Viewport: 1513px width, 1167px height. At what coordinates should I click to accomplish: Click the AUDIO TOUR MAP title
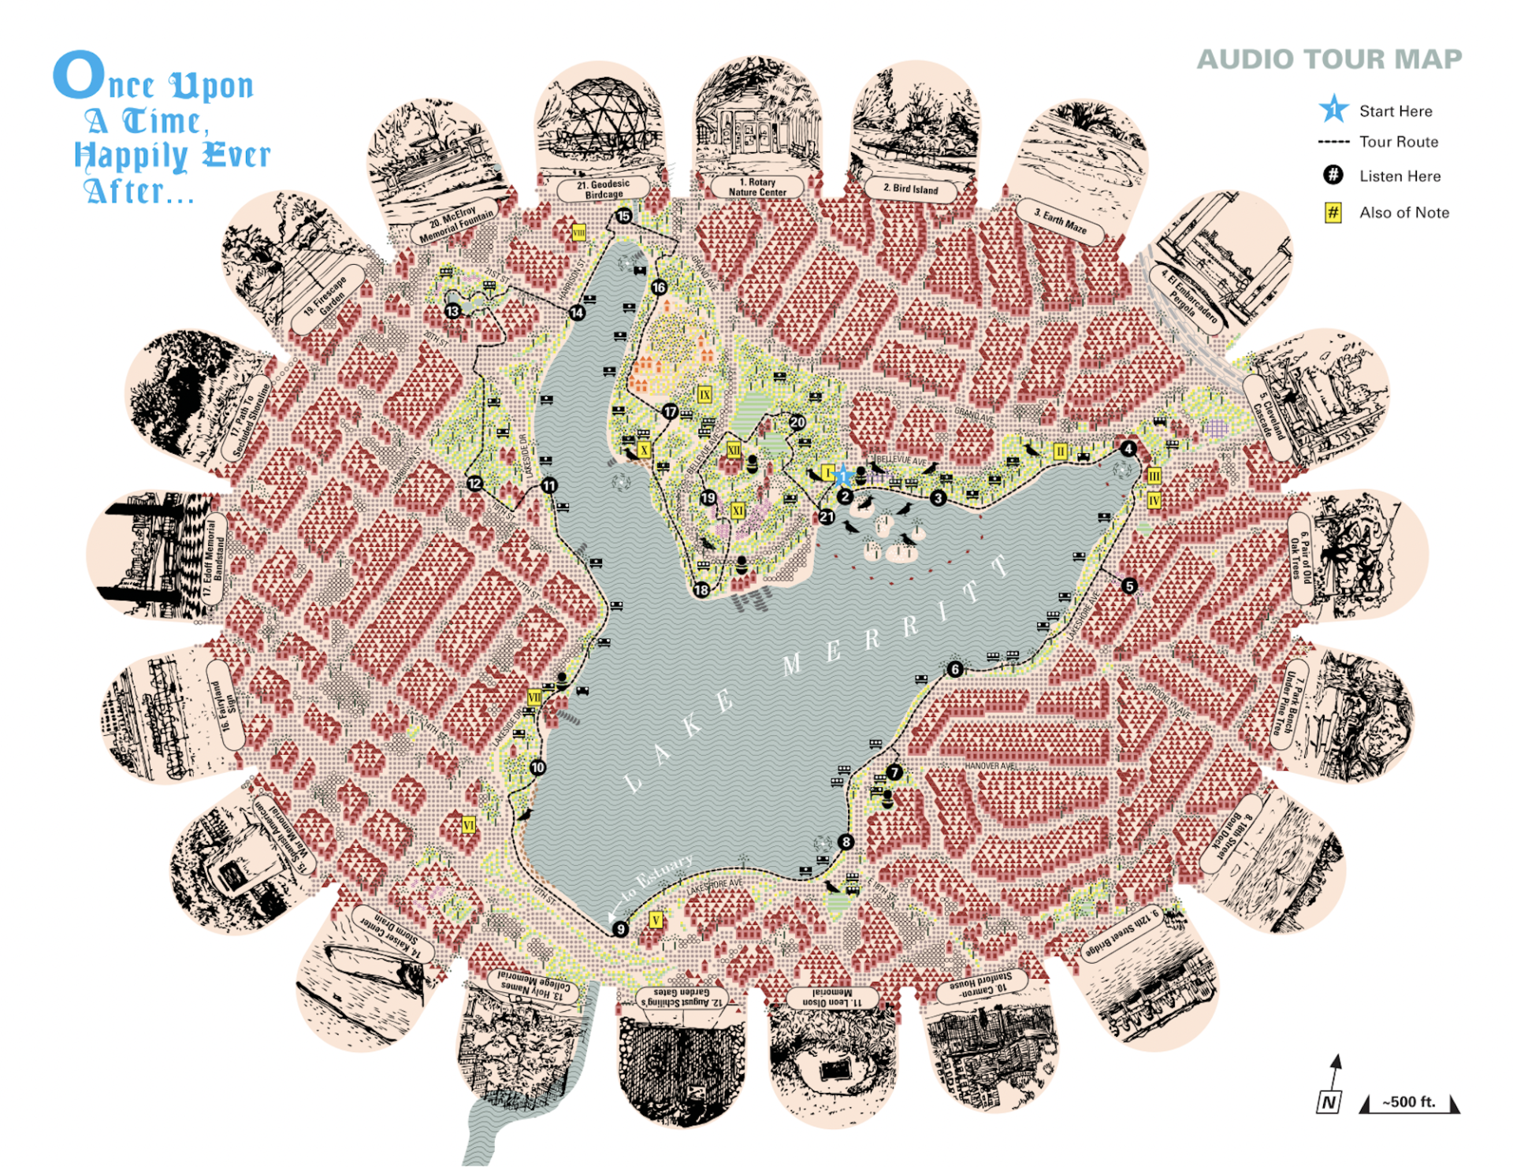click(x=1329, y=59)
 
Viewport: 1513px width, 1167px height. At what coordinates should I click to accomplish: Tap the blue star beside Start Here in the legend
click(x=1333, y=110)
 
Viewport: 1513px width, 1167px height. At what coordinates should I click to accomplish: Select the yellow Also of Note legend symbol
click(x=1333, y=212)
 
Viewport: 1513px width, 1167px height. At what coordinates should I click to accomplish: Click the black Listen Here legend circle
click(x=1333, y=175)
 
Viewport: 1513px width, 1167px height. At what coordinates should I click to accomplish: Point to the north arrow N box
click(x=1329, y=1102)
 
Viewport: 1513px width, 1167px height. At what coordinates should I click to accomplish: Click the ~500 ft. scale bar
click(x=1409, y=1104)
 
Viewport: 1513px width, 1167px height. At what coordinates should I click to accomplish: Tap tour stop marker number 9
click(x=620, y=929)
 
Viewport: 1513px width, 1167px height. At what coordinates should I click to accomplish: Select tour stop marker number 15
click(x=624, y=216)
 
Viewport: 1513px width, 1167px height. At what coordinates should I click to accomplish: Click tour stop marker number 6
click(x=955, y=670)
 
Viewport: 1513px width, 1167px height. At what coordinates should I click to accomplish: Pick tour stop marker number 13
click(x=452, y=311)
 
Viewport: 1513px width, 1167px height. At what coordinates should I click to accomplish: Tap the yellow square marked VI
click(x=469, y=825)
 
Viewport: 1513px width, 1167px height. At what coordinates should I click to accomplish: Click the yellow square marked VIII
click(x=578, y=232)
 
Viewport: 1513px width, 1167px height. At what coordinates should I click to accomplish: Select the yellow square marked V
click(x=656, y=920)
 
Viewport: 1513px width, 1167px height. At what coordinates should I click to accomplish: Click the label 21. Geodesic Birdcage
click(x=604, y=189)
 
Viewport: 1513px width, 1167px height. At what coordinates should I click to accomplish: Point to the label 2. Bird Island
click(x=911, y=189)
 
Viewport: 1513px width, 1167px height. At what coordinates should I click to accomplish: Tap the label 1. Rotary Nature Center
click(x=757, y=187)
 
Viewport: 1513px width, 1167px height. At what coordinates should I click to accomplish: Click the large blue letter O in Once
click(x=79, y=76)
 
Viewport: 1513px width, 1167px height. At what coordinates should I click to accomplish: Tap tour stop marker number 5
click(x=1129, y=586)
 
